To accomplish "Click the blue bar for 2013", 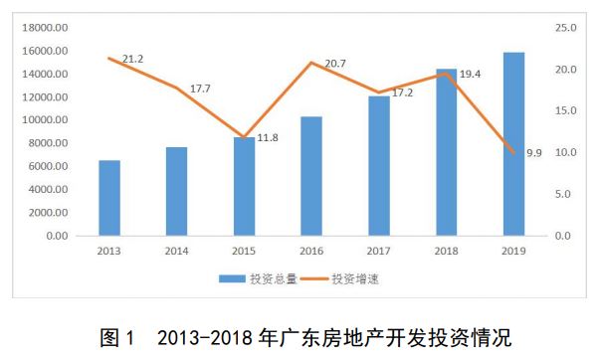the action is (109, 198).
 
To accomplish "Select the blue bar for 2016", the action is (311, 176).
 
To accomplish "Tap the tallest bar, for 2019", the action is (513, 144).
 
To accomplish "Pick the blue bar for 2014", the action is (176, 191).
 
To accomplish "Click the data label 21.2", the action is (132, 59).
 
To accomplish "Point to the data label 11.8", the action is (268, 137).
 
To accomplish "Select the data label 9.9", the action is (534, 153).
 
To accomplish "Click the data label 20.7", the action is (335, 64).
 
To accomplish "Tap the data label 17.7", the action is (200, 89).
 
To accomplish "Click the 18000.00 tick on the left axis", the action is (45, 28).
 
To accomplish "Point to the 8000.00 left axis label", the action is (48, 143).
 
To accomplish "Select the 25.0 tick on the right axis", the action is (566, 28).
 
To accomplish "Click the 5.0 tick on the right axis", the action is (563, 194).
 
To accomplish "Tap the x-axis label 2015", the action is (244, 251).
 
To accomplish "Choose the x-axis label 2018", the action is (446, 251).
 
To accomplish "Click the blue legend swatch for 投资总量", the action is (232, 279).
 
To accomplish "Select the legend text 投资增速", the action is (355, 279).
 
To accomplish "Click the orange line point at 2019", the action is (513, 153).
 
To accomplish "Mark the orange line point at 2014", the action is (176, 88).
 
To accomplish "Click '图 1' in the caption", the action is (117, 338).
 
